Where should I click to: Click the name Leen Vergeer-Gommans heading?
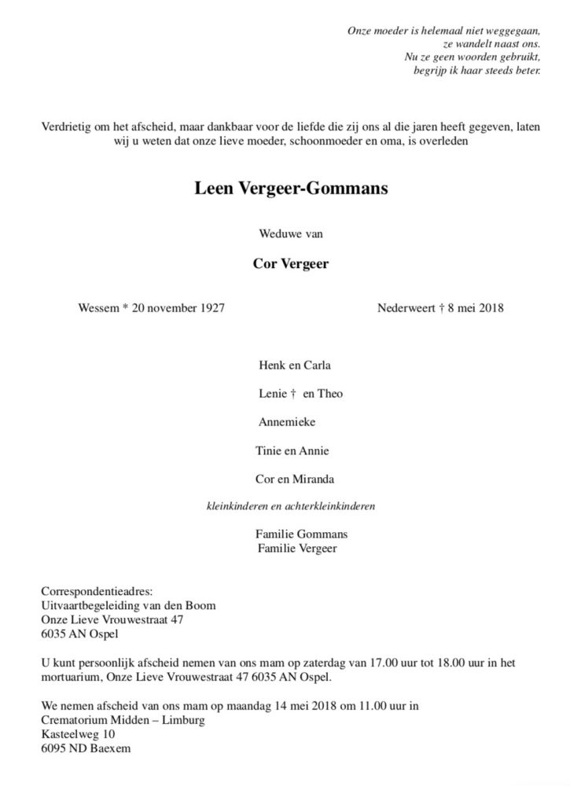pyautogui.click(x=291, y=189)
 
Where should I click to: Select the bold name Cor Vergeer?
pyautogui.click(x=291, y=264)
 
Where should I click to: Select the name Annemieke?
pyautogui.click(x=287, y=422)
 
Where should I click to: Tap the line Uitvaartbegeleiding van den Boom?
pyautogui.click(x=127, y=605)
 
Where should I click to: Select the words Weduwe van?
pyautogui.click(x=291, y=233)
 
